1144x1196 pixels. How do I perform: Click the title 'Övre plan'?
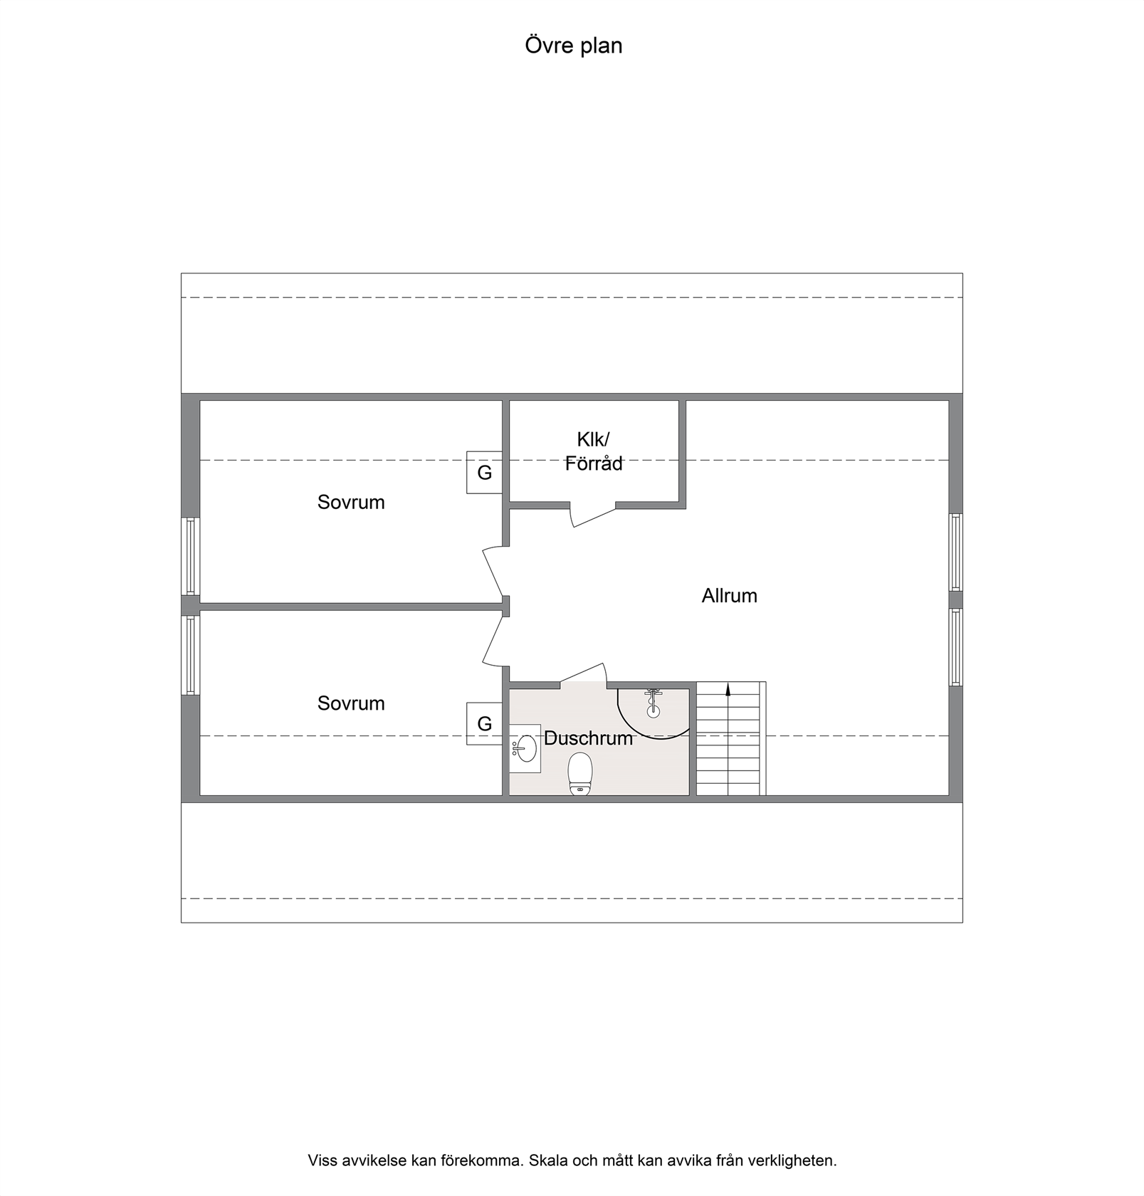(x=574, y=46)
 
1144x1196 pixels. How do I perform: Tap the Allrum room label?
(x=729, y=595)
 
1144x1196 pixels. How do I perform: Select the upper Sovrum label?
(x=351, y=502)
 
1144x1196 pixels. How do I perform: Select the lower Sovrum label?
(x=351, y=703)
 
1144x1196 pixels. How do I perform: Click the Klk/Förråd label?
(x=594, y=451)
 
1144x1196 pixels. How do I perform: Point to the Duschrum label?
(x=588, y=738)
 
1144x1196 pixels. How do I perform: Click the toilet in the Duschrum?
(x=580, y=774)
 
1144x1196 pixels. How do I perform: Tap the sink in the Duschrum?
(x=525, y=748)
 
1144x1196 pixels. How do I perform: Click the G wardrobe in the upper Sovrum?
(x=484, y=472)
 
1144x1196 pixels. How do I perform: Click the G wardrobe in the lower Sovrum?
(x=484, y=723)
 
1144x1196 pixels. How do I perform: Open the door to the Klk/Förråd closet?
(x=593, y=515)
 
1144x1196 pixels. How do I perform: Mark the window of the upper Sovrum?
(x=190, y=556)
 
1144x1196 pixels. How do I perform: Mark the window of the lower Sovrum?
(x=190, y=655)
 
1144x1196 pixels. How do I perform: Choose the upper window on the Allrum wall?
(x=955, y=552)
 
